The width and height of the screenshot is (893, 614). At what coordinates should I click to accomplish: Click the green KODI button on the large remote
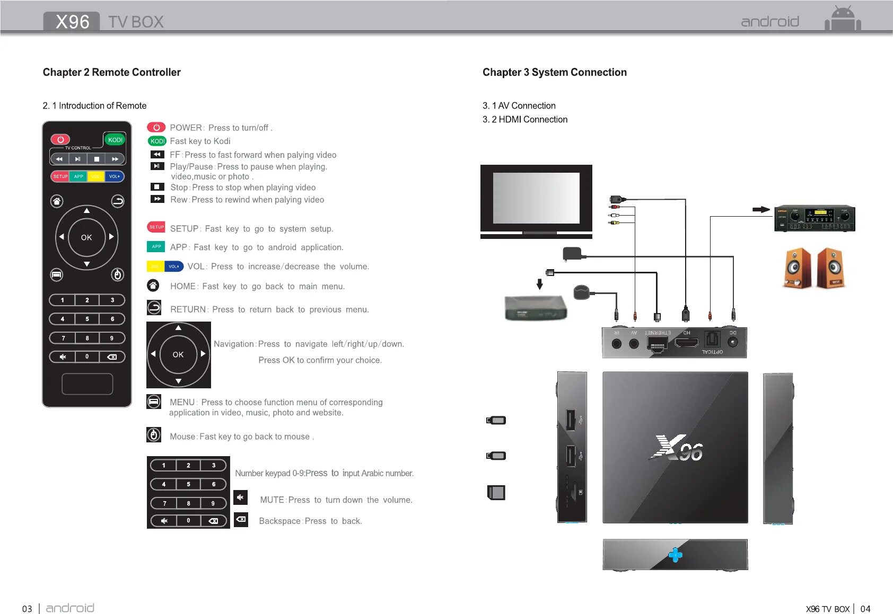pos(115,140)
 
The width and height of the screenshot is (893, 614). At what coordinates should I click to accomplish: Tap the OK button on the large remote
pos(86,237)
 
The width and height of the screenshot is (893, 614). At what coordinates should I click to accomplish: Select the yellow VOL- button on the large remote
pos(96,176)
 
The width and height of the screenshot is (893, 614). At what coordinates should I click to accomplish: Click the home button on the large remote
pos(57,201)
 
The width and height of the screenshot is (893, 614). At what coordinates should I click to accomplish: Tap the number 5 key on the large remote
pos(87,319)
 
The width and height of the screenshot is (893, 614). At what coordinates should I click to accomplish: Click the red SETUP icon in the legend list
pos(156,227)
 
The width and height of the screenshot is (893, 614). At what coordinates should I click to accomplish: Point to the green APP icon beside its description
pos(156,246)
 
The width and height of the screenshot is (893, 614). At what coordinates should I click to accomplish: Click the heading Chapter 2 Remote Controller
pos(112,73)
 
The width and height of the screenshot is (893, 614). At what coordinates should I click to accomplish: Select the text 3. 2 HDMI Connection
pos(525,120)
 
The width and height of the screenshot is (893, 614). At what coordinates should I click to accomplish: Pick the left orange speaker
pos(797,268)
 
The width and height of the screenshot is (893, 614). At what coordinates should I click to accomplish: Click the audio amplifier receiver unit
pos(815,218)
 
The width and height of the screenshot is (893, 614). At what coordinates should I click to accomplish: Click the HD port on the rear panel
pos(687,343)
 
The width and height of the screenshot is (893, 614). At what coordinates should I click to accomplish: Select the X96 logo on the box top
pos(677,449)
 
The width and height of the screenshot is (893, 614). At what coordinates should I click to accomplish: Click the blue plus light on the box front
pos(675,555)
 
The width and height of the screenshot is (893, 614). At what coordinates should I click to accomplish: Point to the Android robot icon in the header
pos(843,20)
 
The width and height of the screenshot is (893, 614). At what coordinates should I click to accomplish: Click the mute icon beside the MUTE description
pos(240,497)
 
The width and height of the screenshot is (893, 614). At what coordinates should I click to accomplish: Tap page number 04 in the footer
pos(865,609)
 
